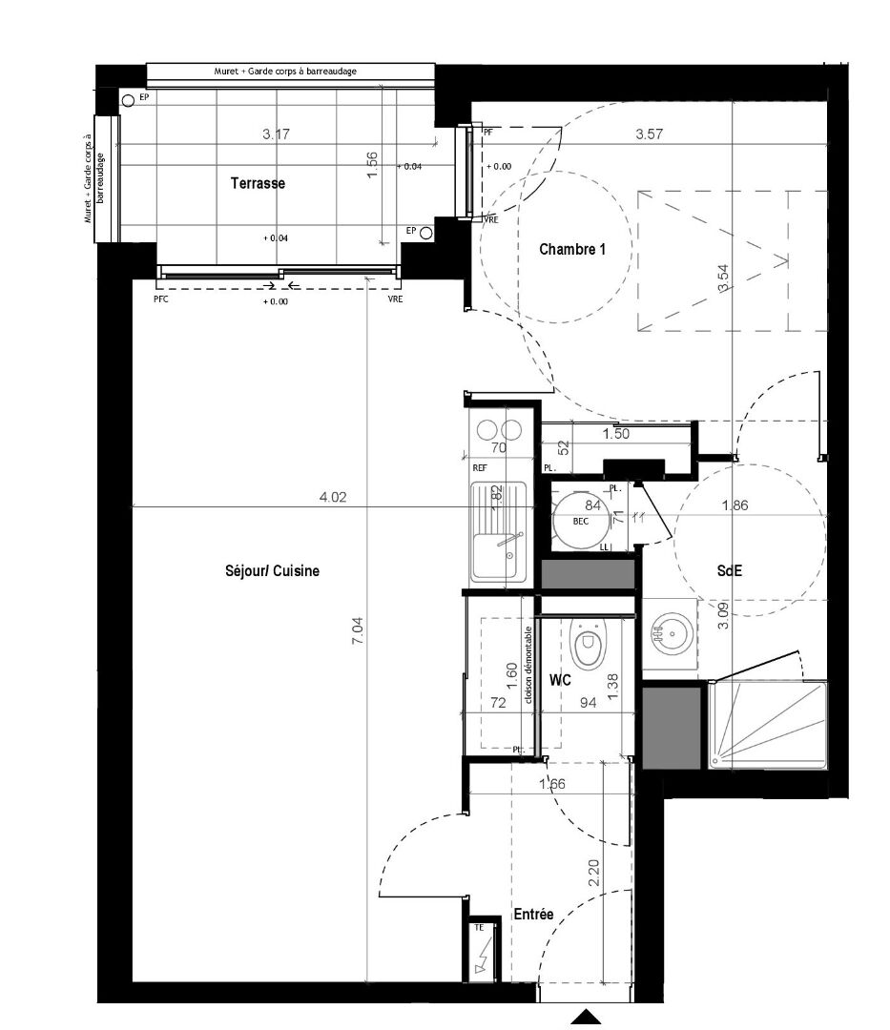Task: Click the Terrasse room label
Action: (257, 183)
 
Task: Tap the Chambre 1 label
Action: (572, 250)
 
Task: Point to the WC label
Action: (560, 680)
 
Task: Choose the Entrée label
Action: (533, 914)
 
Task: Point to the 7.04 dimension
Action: (358, 634)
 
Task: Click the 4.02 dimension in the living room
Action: (331, 496)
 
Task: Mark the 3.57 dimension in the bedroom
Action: (649, 134)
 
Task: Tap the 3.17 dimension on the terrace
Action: (276, 134)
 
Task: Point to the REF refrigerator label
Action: (480, 468)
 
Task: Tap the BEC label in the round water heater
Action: (580, 522)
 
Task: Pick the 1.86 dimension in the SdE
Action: (736, 505)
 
